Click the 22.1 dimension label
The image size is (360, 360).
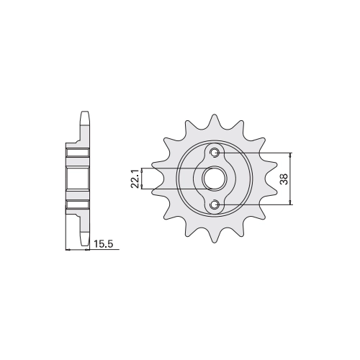point(135,179)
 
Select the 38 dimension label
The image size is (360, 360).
point(284,179)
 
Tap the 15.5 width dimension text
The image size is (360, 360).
point(103,244)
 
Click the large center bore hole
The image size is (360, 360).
point(214,179)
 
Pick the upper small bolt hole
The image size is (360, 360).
point(214,153)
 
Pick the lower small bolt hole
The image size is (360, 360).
point(214,204)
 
